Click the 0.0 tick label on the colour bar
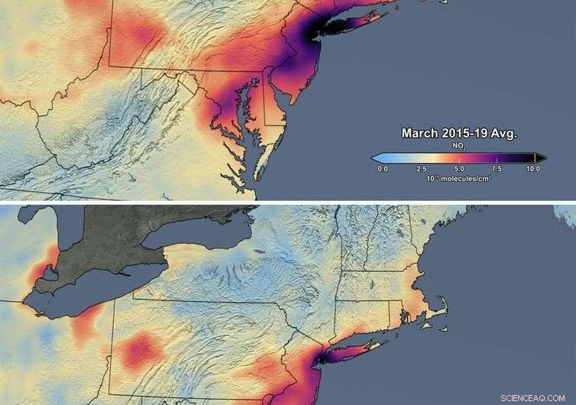point(383,167)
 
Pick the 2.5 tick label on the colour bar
point(420,167)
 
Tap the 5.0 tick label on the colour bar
point(458,167)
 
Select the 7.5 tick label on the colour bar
point(496,167)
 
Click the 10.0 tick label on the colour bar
point(532,167)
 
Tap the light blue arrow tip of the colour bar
point(376,157)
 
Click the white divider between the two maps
point(288,202)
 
